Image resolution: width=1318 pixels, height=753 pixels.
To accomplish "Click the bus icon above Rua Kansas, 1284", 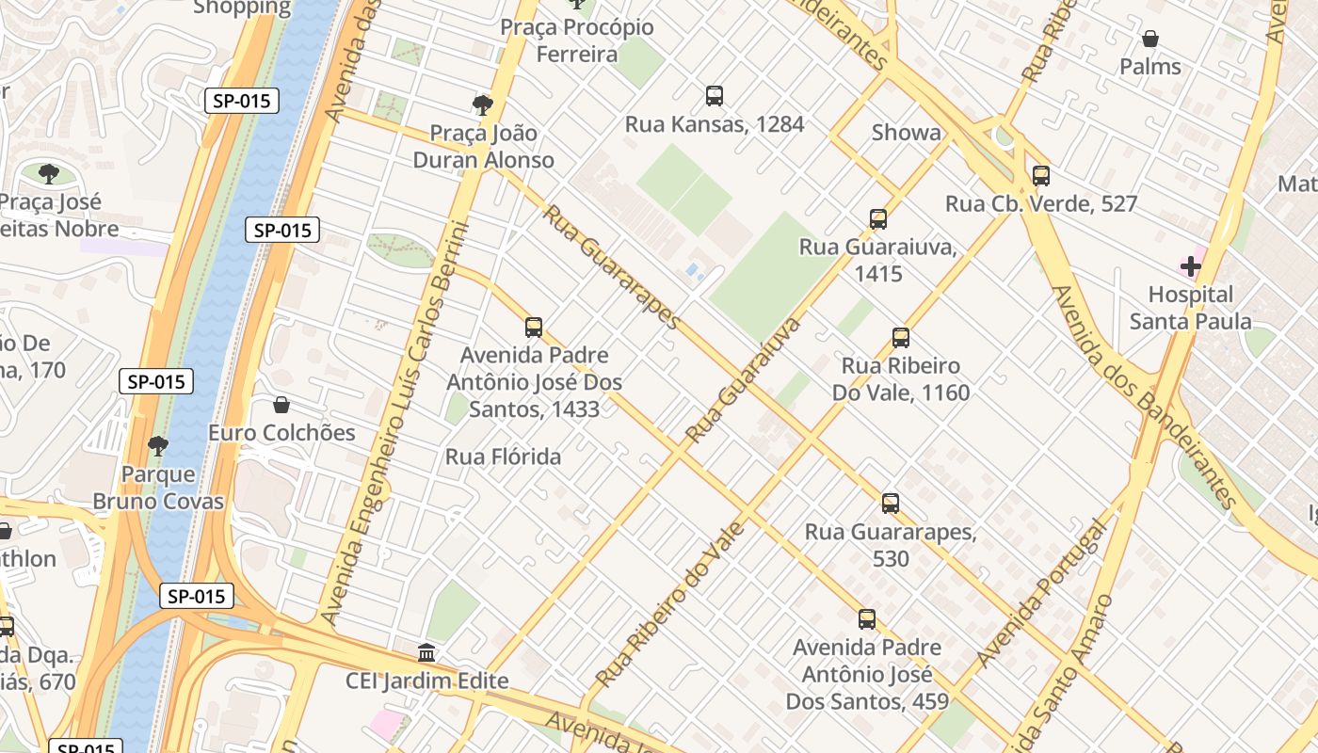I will point(715,95).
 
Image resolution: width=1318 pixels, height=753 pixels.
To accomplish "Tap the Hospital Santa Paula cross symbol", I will point(1191,266).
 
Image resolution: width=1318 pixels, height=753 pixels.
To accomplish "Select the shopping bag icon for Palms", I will point(1149,39).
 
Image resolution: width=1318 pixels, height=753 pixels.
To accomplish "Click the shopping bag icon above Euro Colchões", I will point(281,405).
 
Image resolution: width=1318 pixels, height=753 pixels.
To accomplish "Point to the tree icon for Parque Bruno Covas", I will point(158,445).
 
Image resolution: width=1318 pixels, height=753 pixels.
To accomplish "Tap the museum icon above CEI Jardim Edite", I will point(426,652).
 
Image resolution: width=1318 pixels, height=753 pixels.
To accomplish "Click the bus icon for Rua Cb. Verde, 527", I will point(1040,175).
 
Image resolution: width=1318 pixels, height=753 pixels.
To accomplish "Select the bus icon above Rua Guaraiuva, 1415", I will point(877,219).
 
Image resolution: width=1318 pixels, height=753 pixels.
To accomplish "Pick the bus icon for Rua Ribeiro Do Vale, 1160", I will point(900,338).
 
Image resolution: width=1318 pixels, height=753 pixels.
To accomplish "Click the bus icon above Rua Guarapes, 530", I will point(890,504).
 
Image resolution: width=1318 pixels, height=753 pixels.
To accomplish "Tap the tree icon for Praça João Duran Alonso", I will point(483,104).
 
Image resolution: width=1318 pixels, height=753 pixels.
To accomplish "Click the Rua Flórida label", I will point(503,457).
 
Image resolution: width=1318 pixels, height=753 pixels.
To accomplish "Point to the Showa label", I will point(906,133).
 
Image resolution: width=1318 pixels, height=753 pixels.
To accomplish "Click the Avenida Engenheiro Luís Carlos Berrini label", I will point(394,424).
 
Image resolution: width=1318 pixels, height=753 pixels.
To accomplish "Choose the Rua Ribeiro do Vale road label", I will point(670,603).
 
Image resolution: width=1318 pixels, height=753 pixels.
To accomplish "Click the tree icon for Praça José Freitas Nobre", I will point(49,173).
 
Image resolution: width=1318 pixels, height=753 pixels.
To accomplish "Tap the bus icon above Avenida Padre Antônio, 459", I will point(866,619).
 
